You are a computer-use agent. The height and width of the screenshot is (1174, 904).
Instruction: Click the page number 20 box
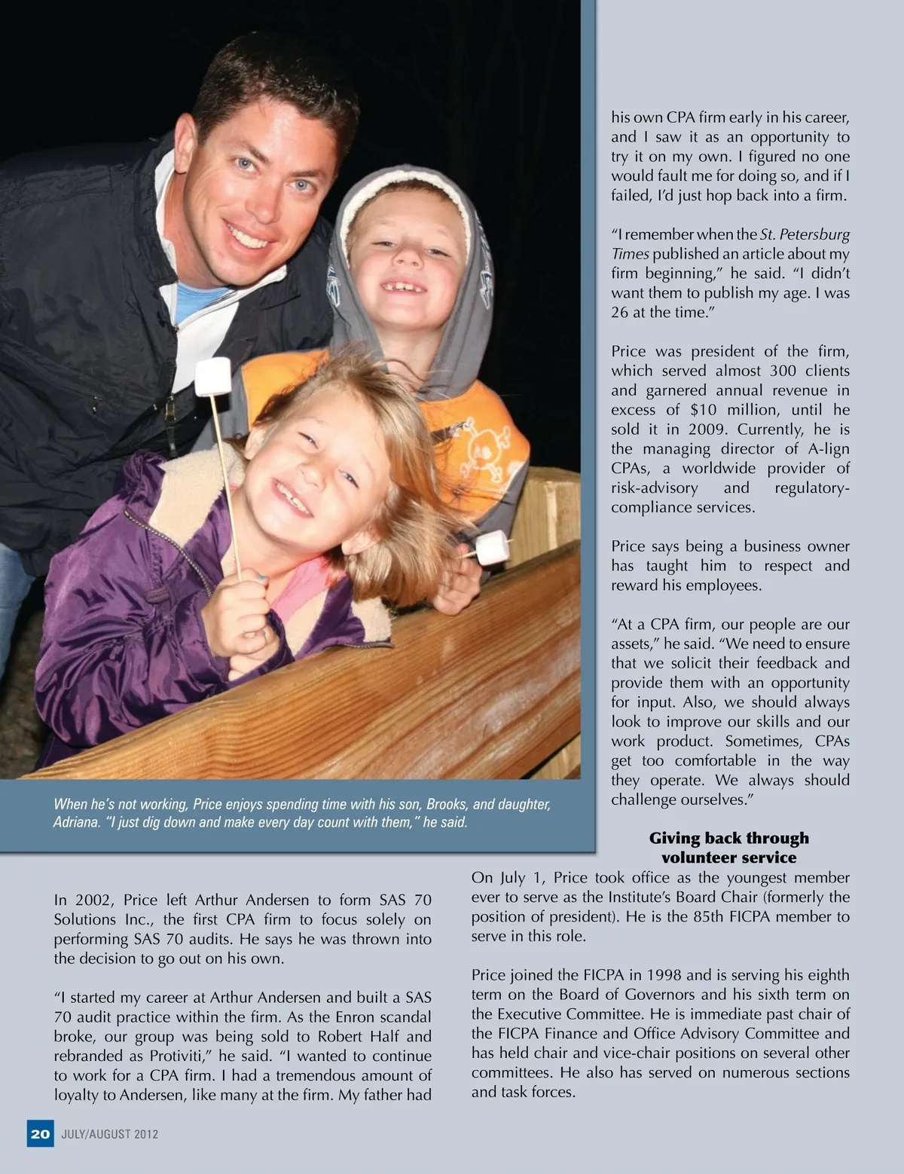40,1133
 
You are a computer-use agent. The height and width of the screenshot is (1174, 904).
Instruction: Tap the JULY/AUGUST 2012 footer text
110,1134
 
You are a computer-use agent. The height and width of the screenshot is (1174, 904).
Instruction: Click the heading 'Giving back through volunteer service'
728,848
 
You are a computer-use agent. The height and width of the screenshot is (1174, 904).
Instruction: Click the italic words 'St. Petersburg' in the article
805,234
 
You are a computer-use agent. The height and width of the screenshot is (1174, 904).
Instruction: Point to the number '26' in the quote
619,313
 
